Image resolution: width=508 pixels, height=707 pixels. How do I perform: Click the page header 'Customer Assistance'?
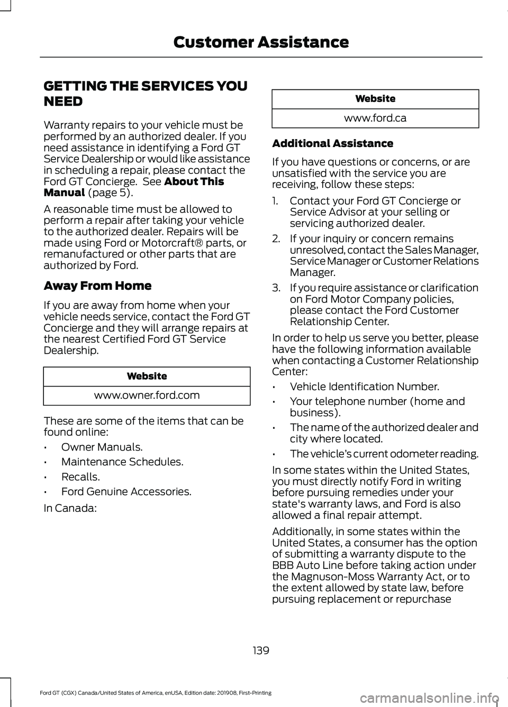[261, 42]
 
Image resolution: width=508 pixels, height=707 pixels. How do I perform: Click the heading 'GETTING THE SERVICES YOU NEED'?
[146, 94]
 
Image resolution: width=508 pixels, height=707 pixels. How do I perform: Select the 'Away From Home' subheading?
[97, 286]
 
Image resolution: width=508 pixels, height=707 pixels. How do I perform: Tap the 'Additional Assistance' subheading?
[332, 144]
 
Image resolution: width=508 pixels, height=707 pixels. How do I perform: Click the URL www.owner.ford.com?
[147, 396]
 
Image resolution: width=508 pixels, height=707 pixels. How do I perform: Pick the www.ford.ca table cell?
[375, 118]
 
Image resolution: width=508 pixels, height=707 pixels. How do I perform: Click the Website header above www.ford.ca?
[375, 99]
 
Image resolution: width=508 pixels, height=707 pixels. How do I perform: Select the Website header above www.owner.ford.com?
[147, 377]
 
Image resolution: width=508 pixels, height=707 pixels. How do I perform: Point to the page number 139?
[261, 650]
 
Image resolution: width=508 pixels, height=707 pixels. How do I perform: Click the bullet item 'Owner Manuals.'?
[102, 447]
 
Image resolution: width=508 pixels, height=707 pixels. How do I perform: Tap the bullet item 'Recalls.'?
[80, 477]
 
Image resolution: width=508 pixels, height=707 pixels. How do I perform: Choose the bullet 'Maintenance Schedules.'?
[122, 462]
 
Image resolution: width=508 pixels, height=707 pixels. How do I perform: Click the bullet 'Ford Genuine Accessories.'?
[126, 492]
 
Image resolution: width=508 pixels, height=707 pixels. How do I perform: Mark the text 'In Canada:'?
[70, 509]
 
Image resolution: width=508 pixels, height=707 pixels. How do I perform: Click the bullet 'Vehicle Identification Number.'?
[364, 387]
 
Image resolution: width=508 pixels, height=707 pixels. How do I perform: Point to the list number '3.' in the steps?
[276, 288]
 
